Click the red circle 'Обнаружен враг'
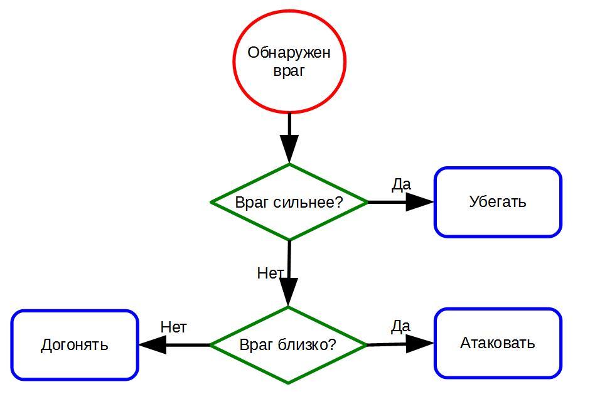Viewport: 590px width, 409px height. [289, 61]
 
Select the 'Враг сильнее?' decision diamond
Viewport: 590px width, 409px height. [289, 202]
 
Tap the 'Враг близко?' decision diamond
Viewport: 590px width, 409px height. [288, 345]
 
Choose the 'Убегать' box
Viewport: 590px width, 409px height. [498, 202]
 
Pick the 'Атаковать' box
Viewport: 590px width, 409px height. [498, 343]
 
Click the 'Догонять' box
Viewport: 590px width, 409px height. [75, 345]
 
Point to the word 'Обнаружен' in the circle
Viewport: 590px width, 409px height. [289, 52]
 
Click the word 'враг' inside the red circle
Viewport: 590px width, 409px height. [289, 70]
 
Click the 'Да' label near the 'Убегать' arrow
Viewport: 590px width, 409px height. [401, 184]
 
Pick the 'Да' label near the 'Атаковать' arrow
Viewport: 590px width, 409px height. [400, 326]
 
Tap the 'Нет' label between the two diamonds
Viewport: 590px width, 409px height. [271, 274]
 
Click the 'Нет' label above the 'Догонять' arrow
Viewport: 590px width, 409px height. [173, 327]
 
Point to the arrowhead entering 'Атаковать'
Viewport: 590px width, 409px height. [419, 344]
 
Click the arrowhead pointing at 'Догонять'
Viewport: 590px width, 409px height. [153, 344]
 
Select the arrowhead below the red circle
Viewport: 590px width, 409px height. [289, 149]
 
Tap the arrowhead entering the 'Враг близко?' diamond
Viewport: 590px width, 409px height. [288, 292]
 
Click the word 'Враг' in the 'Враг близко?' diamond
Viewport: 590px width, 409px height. [256, 345]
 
